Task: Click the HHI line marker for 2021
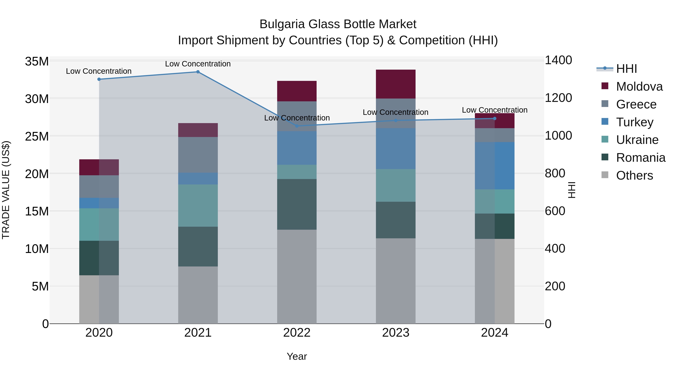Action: click(x=198, y=72)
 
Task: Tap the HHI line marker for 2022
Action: click(x=297, y=126)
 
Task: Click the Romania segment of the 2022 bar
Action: click(x=297, y=204)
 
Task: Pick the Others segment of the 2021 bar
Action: click(x=198, y=295)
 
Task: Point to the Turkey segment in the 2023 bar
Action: click(x=395, y=148)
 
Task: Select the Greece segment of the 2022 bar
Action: click(x=297, y=116)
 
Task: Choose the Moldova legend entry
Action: click(x=639, y=87)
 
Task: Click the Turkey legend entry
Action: click(x=635, y=122)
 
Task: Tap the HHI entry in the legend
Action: click(x=626, y=69)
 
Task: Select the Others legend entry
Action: click(x=634, y=175)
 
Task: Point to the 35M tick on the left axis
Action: click(x=37, y=62)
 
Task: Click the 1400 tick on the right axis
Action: click(x=558, y=60)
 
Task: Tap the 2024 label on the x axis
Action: click(x=494, y=333)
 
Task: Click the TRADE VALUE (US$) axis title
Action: click(x=6, y=190)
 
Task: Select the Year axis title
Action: click(x=297, y=356)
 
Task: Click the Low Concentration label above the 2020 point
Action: click(x=99, y=71)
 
